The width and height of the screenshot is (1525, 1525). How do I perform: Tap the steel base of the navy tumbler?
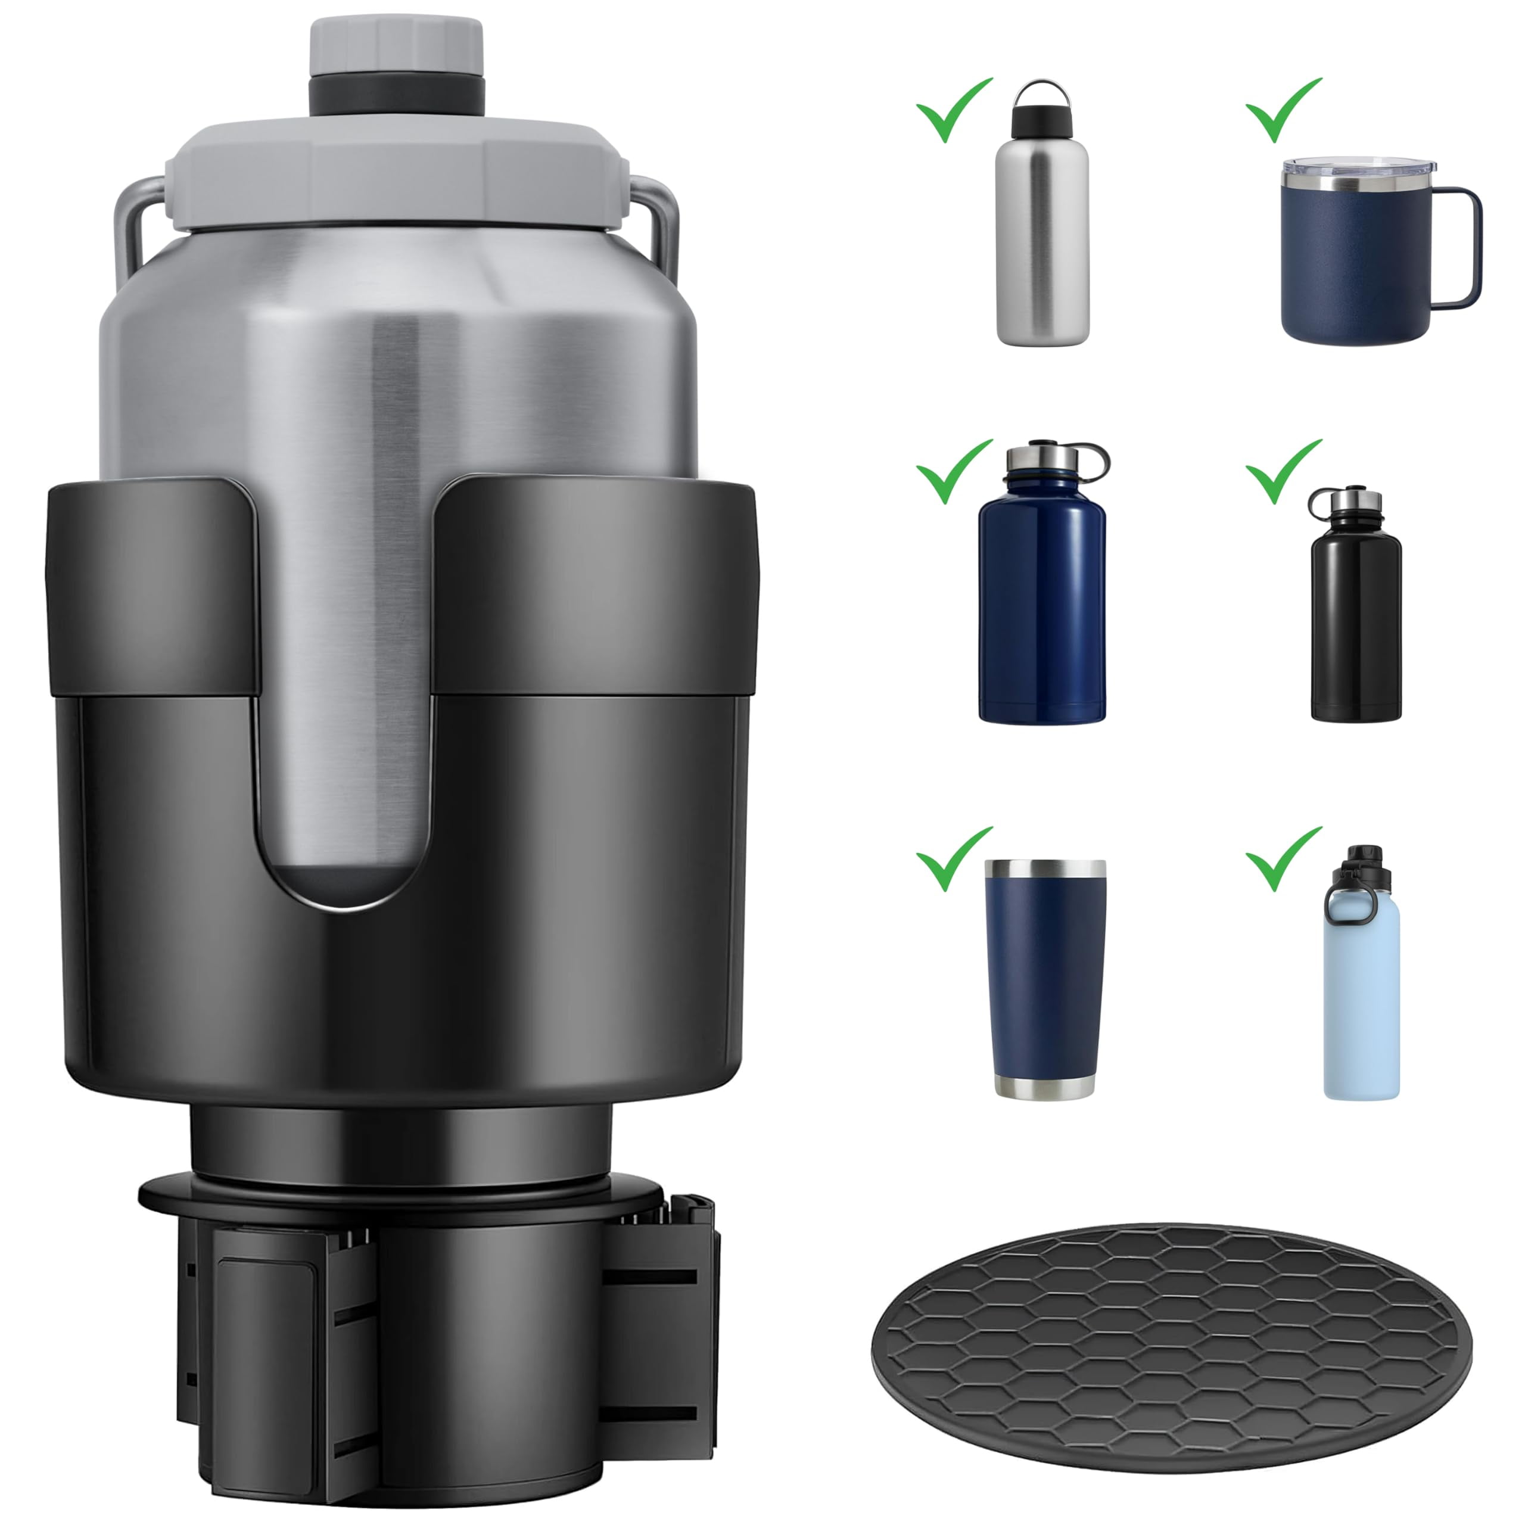[x=1044, y=1085]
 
